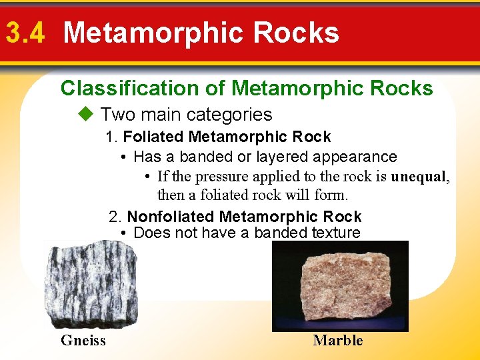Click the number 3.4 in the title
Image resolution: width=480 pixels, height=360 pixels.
click(x=25, y=33)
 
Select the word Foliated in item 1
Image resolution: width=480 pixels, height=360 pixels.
click(x=154, y=137)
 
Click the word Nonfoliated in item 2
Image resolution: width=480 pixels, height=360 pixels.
click(x=171, y=217)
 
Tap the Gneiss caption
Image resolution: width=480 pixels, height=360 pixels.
click(x=83, y=341)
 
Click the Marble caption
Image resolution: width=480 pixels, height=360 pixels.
click(x=338, y=341)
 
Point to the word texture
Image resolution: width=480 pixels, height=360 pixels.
click(x=335, y=233)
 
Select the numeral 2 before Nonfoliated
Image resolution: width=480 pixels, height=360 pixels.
click(x=114, y=217)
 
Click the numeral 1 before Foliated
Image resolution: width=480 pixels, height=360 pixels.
click(x=110, y=137)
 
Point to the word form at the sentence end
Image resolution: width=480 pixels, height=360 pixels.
click(x=332, y=195)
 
